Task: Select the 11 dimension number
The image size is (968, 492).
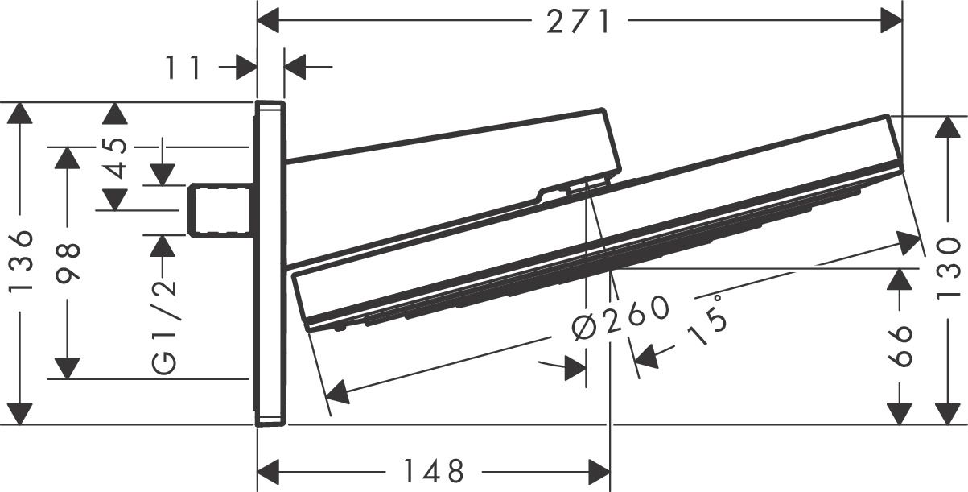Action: [184, 68]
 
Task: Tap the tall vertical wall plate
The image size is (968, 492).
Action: [270, 263]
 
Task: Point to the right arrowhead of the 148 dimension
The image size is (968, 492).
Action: [599, 469]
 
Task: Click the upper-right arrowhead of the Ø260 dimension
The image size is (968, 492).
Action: [909, 241]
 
